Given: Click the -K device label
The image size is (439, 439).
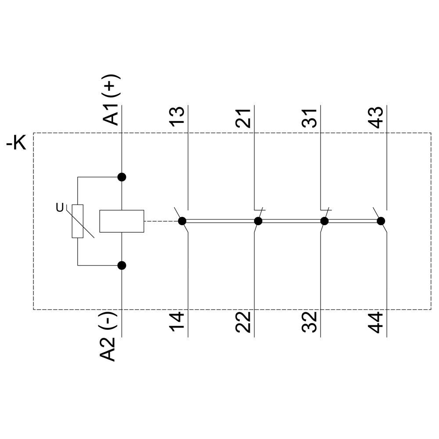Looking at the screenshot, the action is pyautogui.click(x=16, y=143).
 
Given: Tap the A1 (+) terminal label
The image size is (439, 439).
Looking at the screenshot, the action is pyautogui.click(x=112, y=100).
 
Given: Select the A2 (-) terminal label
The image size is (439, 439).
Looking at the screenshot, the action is pyautogui.click(x=108, y=337).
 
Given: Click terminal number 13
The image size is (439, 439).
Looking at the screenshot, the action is pyautogui.click(x=177, y=116).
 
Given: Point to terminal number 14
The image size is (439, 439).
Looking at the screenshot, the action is pyautogui.click(x=177, y=322).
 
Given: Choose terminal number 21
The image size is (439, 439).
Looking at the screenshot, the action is pyautogui.click(x=243, y=118).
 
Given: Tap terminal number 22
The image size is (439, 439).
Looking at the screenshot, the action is pyautogui.click(x=243, y=322).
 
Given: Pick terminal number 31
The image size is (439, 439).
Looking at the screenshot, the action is pyautogui.click(x=309, y=118).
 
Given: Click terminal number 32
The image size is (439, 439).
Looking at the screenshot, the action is pyautogui.click(x=309, y=322).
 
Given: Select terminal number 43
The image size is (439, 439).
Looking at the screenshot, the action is pyautogui.click(x=375, y=117).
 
